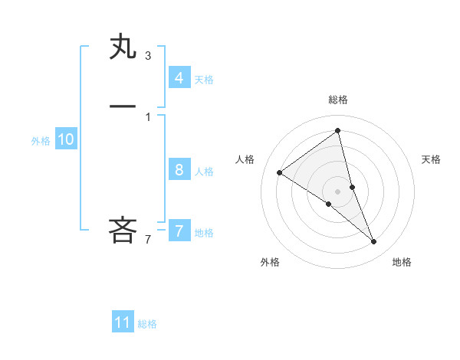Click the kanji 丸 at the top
123,48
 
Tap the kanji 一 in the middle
123,105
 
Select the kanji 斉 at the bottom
123,230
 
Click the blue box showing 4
179,78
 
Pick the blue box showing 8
179,170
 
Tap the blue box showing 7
179,231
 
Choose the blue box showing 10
65,139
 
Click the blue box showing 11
123,322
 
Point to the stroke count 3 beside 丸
148,55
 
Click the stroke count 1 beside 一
148,116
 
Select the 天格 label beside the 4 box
204,80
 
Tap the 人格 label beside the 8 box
204,172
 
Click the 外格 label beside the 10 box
41,141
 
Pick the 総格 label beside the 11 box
147,324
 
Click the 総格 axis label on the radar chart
338,100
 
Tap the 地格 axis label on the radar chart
402,262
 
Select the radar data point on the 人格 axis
279,172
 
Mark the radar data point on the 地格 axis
374,241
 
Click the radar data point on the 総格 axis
338,131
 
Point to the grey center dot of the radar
338,191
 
